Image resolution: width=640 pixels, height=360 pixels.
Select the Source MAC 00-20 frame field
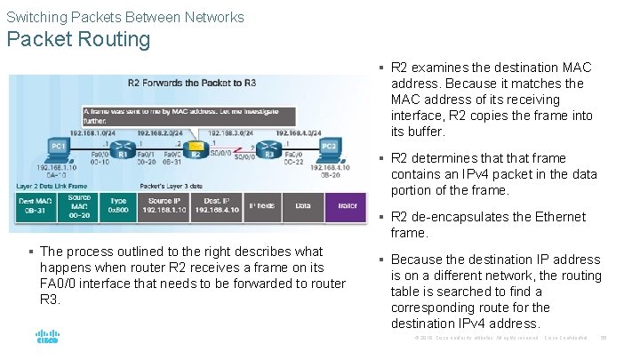tap(78, 205)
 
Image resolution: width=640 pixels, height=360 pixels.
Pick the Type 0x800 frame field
tap(118, 205)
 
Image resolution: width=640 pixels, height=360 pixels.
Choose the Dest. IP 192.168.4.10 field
tap(213, 205)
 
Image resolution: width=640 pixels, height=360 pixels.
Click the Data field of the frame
tap(303, 205)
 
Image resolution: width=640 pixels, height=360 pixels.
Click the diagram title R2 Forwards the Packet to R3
tap(191, 83)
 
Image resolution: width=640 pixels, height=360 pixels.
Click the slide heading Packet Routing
tap(79, 39)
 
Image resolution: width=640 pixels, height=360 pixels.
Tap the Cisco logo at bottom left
tap(47, 338)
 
